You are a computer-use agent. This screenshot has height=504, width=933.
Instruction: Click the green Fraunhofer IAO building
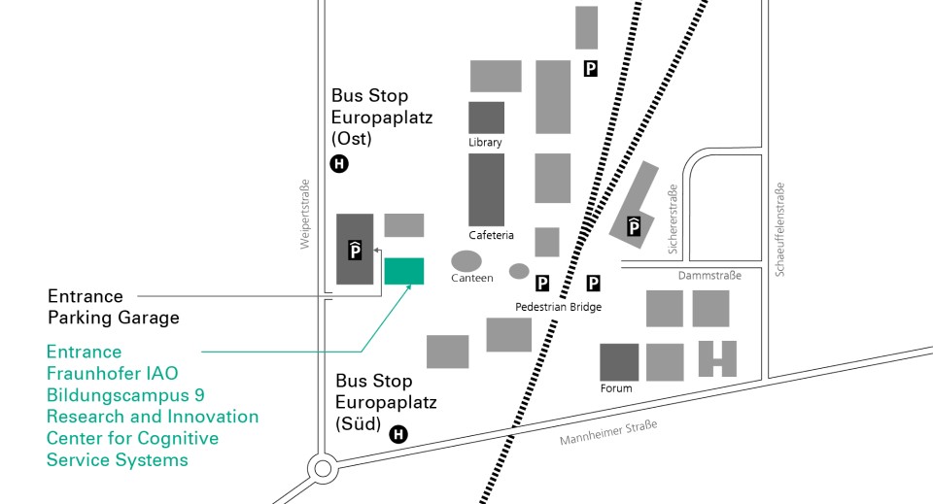(404, 271)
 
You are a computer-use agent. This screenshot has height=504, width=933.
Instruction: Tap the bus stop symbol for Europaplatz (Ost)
(339, 163)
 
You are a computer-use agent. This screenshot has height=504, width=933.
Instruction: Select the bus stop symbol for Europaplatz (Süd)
(398, 434)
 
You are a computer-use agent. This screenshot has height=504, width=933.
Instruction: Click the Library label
(485, 142)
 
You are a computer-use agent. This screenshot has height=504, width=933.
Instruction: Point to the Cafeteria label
(491, 235)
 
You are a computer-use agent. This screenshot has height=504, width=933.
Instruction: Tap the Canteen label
(472, 278)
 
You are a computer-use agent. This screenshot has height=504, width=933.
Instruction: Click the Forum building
(619, 362)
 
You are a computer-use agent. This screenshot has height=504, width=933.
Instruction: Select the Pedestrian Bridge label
(558, 307)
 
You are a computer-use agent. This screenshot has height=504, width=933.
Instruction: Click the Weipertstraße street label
(304, 214)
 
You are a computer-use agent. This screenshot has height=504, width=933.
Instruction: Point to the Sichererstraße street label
(673, 219)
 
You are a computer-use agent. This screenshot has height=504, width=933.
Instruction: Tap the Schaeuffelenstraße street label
(779, 229)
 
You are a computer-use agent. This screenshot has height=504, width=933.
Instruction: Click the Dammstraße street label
(709, 275)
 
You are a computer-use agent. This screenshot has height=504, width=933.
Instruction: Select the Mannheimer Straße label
(608, 432)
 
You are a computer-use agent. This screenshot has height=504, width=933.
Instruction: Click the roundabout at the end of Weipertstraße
(323, 468)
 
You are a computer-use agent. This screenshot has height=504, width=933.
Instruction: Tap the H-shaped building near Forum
(717, 358)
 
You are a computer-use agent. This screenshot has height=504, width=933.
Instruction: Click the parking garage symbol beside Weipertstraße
(356, 251)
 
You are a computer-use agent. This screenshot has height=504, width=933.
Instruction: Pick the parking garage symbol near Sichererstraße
(634, 226)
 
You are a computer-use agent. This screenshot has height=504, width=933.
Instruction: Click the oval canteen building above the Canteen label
(466, 261)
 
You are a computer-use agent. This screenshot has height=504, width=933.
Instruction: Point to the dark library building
(486, 118)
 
